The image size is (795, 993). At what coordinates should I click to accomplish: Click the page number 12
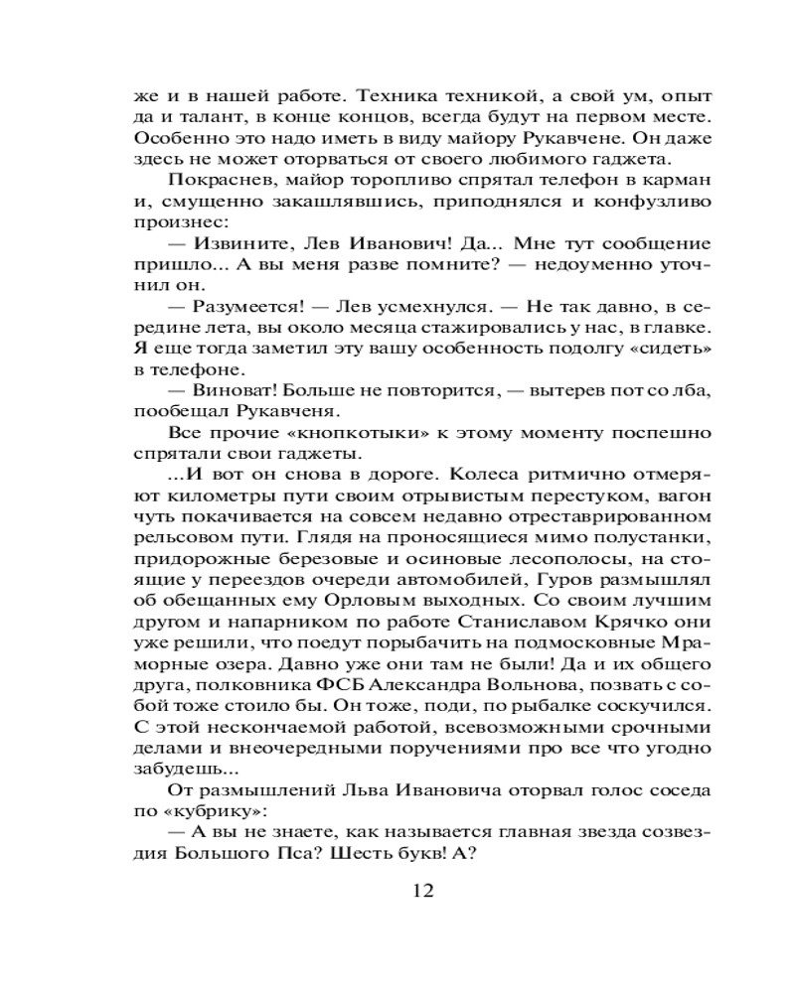(422, 890)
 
